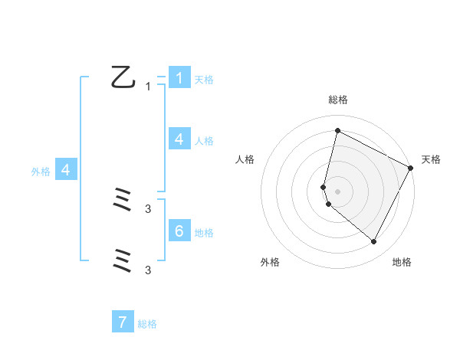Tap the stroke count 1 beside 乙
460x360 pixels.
(148, 87)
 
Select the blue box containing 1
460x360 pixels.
(179, 77)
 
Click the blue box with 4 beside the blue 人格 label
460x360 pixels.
(179, 139)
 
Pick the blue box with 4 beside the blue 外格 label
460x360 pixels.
(66, 170)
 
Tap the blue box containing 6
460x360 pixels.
(179, 231)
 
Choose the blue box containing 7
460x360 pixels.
(123, 322)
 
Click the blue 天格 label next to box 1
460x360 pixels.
(204, 79)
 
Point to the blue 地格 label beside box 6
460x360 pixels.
(204, 232)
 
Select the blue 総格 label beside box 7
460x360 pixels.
(147, 323)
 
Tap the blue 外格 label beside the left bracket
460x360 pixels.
(41, 172)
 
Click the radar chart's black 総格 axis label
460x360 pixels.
(337, 100)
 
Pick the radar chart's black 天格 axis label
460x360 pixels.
(431, 159)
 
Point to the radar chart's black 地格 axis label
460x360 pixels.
(402, 262)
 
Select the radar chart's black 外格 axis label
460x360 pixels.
(270, 262)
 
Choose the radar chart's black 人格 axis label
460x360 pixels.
(245, 159)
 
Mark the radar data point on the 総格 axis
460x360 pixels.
(337, 131)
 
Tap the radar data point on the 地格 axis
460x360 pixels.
(373, 241)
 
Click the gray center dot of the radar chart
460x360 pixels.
(337, 191)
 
